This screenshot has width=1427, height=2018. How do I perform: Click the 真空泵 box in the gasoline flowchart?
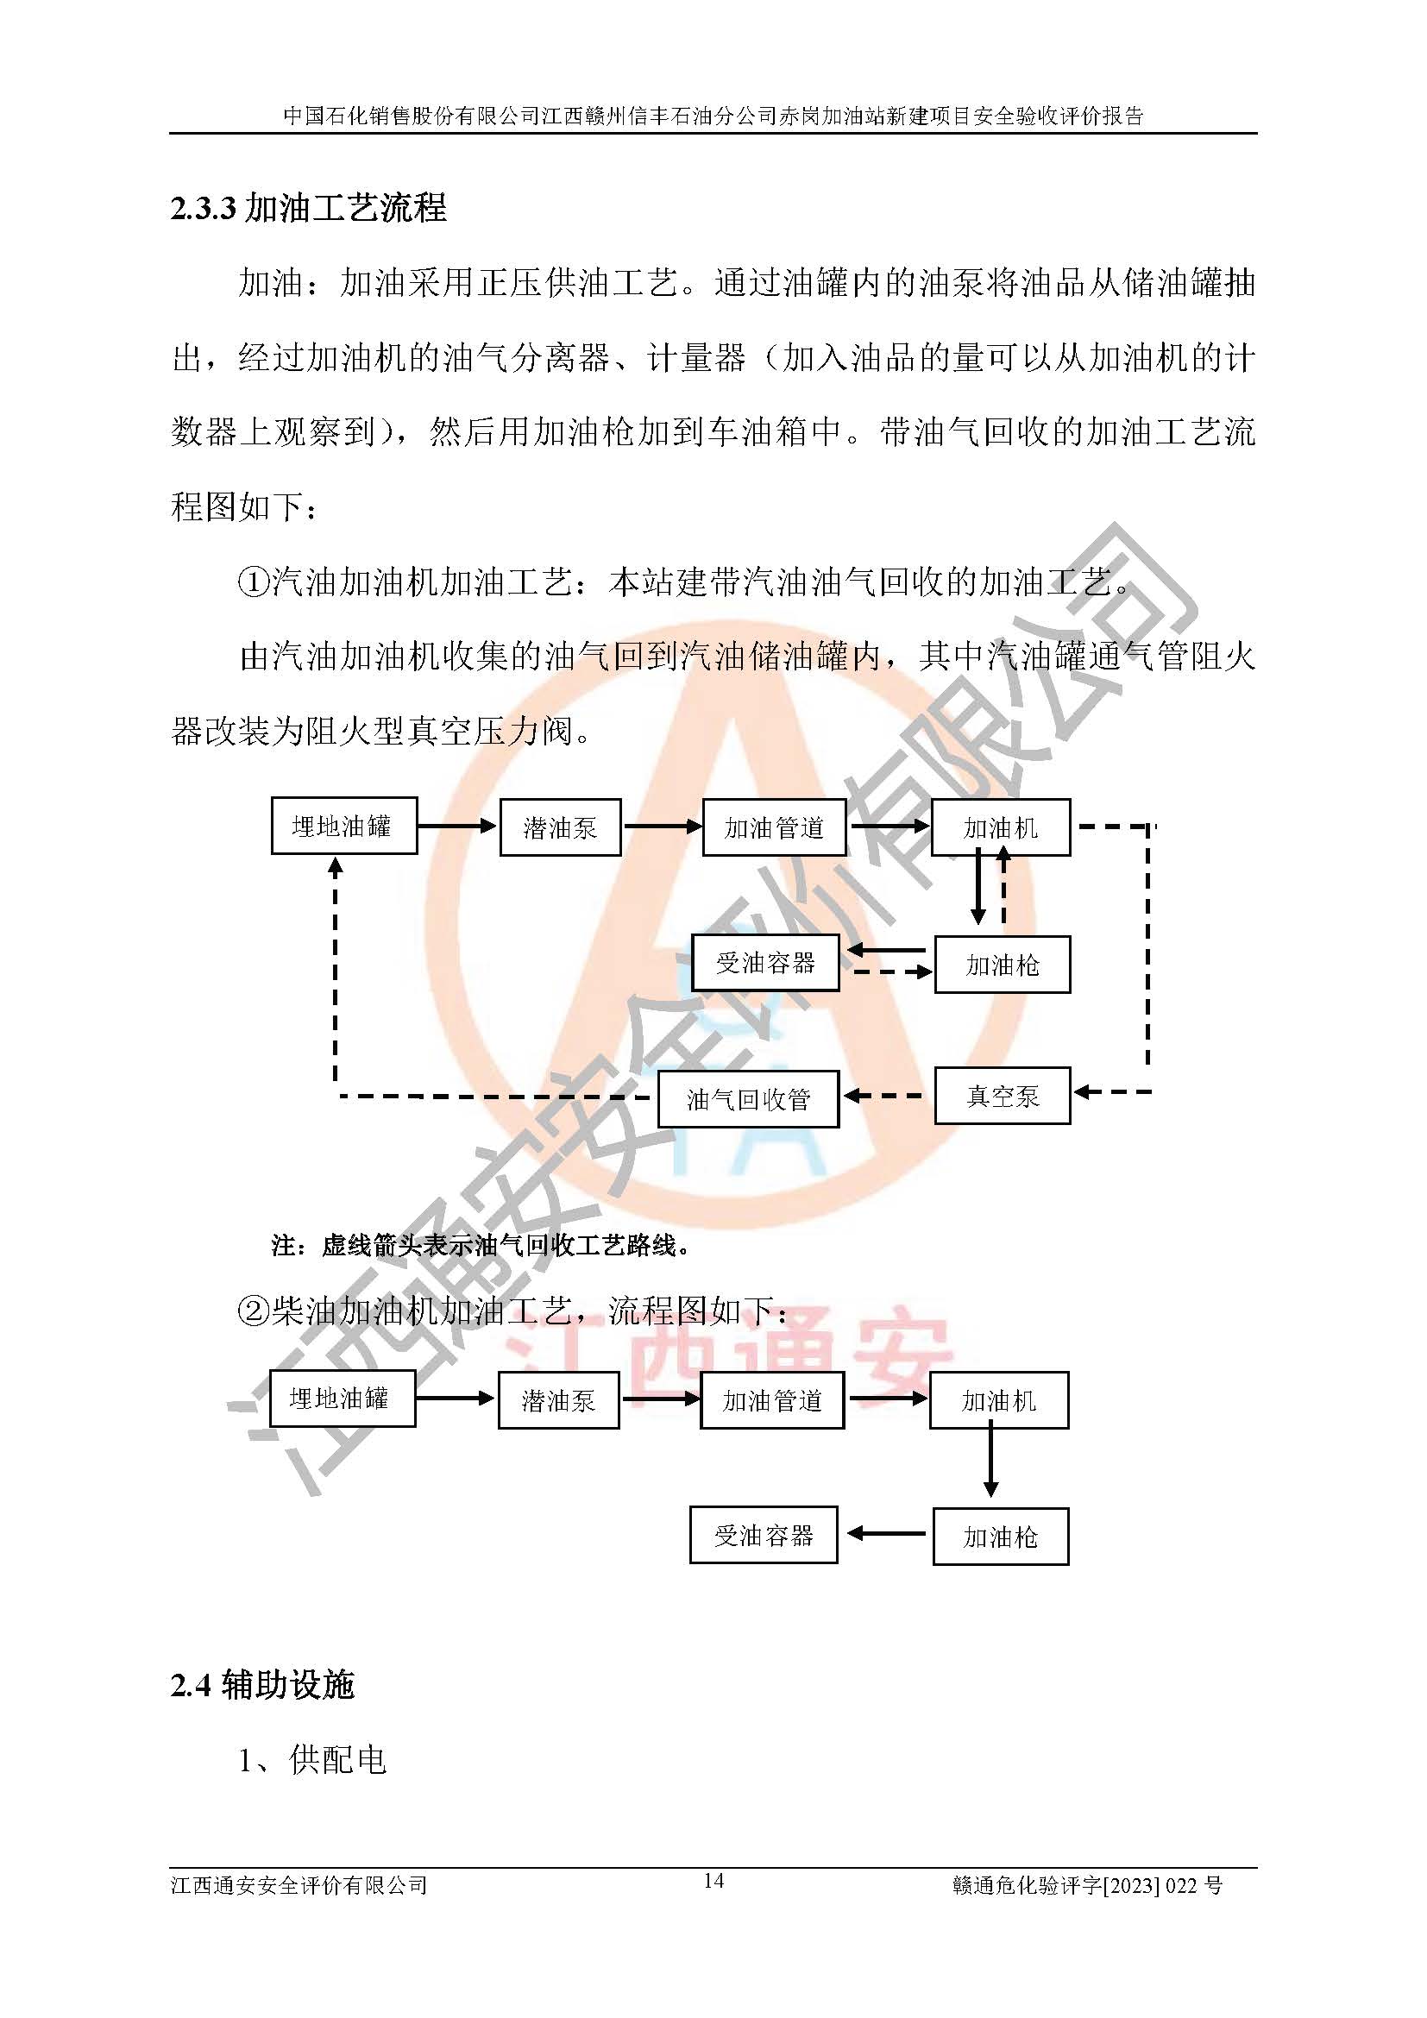coord(1002,1095)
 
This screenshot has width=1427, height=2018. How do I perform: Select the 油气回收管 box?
coord(748,1098)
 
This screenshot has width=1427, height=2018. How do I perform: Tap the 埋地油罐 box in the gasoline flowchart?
coord(343,826)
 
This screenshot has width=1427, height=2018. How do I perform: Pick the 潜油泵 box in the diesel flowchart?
coord(558,1400)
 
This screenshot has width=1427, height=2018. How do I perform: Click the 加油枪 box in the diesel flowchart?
coord(1000,1537)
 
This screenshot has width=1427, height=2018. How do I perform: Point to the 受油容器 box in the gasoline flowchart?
coord(764,964)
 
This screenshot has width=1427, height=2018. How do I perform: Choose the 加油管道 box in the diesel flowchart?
coord(771,1400)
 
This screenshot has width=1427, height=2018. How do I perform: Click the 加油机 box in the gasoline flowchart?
coord(1000,827)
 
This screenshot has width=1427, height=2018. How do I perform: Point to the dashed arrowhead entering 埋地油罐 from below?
coord(335,866)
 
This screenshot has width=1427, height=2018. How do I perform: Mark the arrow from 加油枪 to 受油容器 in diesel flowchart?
coord(886,1534)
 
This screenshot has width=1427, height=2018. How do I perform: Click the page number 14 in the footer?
coord(713,1880)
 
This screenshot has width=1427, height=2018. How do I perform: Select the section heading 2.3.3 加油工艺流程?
coord(308,208)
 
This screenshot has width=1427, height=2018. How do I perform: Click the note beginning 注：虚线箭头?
coord(481,1245)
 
